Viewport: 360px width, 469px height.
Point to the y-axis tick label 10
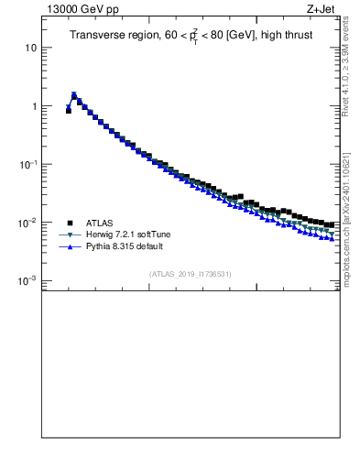pos(30,48)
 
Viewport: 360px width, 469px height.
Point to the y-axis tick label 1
pos(33,106)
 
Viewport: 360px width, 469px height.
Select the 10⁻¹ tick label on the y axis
pos(28,164)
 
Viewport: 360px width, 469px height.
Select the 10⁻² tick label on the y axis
pos(28,223)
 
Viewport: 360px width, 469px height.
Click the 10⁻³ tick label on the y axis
pos(28,281)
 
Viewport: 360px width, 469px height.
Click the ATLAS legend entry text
pos(99,223)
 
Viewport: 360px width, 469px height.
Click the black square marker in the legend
pos(69,223)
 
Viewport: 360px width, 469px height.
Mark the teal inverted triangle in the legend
pos(69,234)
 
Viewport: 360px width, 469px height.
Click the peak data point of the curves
pos(74,94)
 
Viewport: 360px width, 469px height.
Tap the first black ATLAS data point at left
pos(69,111)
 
